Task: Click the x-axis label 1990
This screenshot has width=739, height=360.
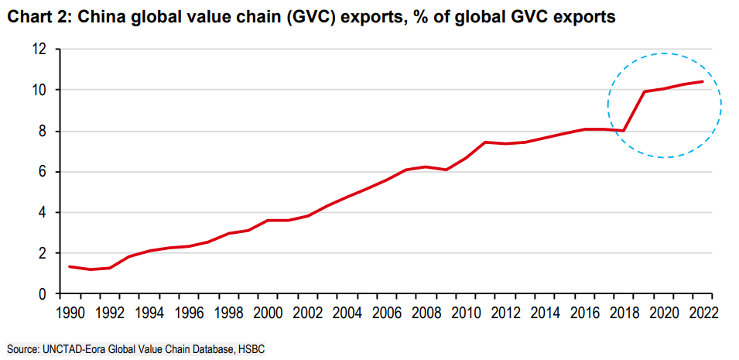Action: tap(70, 312)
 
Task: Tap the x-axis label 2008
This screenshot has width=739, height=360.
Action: tap(427, 312)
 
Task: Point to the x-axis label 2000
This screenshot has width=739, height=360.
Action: tap(269, 312)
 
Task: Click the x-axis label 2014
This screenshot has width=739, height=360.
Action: tap(546, 312)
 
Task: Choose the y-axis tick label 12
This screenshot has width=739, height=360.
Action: tap(39, 49)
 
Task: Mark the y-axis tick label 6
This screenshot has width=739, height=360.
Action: tap(43, 172)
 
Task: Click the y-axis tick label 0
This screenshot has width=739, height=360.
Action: tap(43, 294)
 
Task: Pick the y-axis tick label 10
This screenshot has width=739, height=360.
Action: tap(39, 90)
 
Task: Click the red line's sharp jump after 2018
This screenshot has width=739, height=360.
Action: tap(634, 111)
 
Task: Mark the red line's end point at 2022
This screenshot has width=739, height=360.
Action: tap(703, 81)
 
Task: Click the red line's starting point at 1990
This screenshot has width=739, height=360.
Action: tap(70, 266)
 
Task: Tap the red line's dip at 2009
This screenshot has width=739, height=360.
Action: tap(446, 170)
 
